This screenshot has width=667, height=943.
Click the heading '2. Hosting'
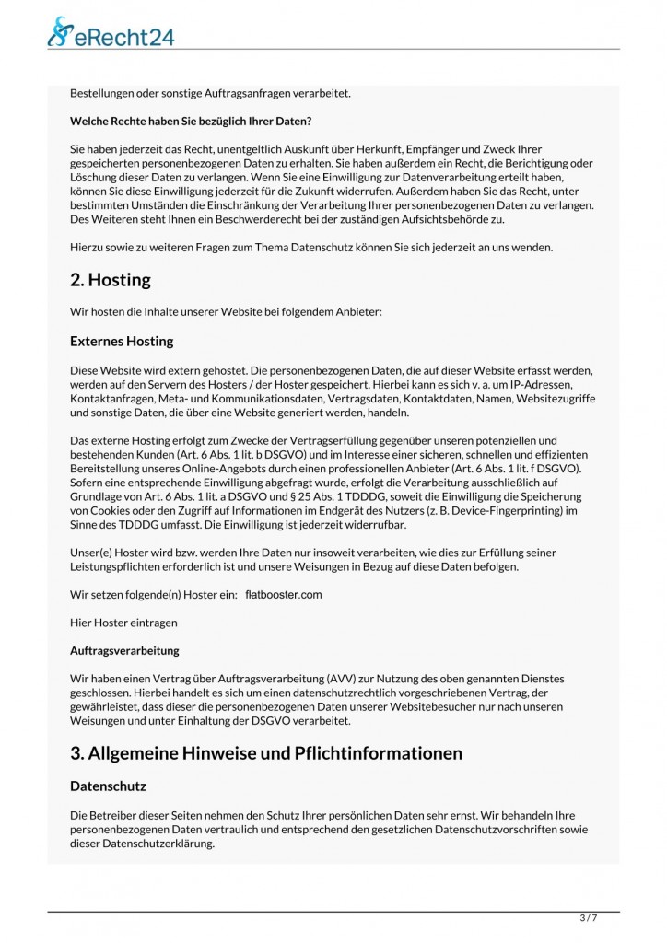pos(111,279)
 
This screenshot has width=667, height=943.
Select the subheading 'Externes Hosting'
pos(122,342)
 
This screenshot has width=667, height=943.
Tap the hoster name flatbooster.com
pos(284,595)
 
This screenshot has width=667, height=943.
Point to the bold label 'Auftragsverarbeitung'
pos(124,650)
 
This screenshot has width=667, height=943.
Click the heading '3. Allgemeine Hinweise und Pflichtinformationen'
pos(266,752)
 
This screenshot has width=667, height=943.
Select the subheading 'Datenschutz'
pos(108,787)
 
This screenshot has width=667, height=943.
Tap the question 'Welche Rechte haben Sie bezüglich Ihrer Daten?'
pos(192,121)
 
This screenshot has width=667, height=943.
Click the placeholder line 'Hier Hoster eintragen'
pos(123,623)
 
